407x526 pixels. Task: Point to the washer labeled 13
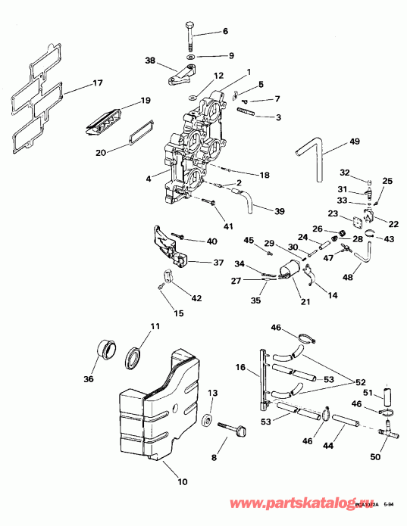tap(206, 419)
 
